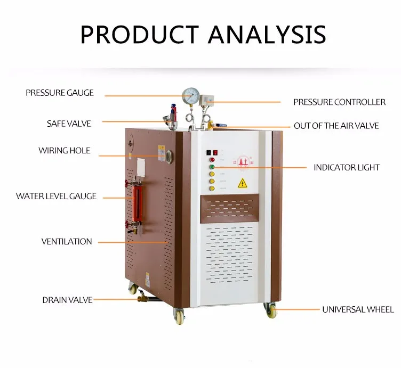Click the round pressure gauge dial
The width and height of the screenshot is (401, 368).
[x=190, y=96]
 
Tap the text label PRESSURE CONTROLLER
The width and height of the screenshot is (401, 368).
[x=339, y=102]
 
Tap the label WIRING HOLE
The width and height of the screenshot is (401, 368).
[x=64, y=151]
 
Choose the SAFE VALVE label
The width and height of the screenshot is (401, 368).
[x=69, y=124]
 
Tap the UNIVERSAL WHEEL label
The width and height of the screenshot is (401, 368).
[x=358, y=309]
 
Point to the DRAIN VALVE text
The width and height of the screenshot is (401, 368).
[x=67, y=300]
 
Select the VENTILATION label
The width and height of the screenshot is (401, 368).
[x=67, y=242]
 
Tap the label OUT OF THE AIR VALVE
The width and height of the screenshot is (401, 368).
[x=336, y=126]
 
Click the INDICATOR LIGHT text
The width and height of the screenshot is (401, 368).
[x=346, y=167]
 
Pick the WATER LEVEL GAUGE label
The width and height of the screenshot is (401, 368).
[x=56, y=197]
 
